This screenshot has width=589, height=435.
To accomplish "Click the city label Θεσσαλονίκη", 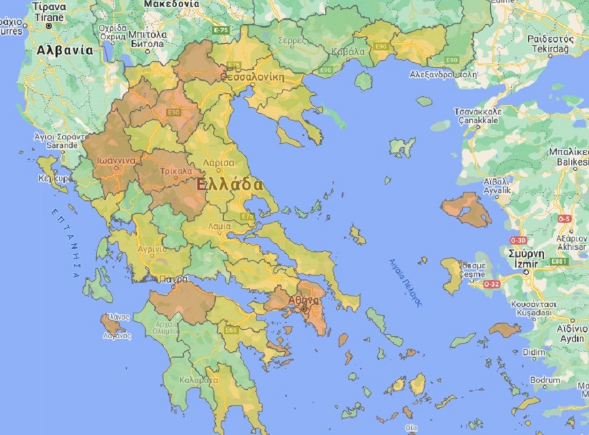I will [x=252, y=77].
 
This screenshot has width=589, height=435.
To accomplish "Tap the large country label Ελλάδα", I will [x=230, y=184].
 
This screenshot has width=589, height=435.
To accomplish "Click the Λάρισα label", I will [x=219, y=162].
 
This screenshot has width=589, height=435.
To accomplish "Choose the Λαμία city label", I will [x=219, y=227].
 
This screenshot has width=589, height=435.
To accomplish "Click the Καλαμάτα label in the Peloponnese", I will [x=198, y=379].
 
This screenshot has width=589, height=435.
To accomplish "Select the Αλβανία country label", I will [x=64, y=50].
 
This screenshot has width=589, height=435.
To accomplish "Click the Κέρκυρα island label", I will [x=55, y=178].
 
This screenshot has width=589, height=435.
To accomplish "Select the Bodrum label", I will [x=545, y=380].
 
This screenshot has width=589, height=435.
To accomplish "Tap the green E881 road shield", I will [x=558, y=262].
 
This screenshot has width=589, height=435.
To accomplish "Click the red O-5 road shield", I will [x=564, y=218].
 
